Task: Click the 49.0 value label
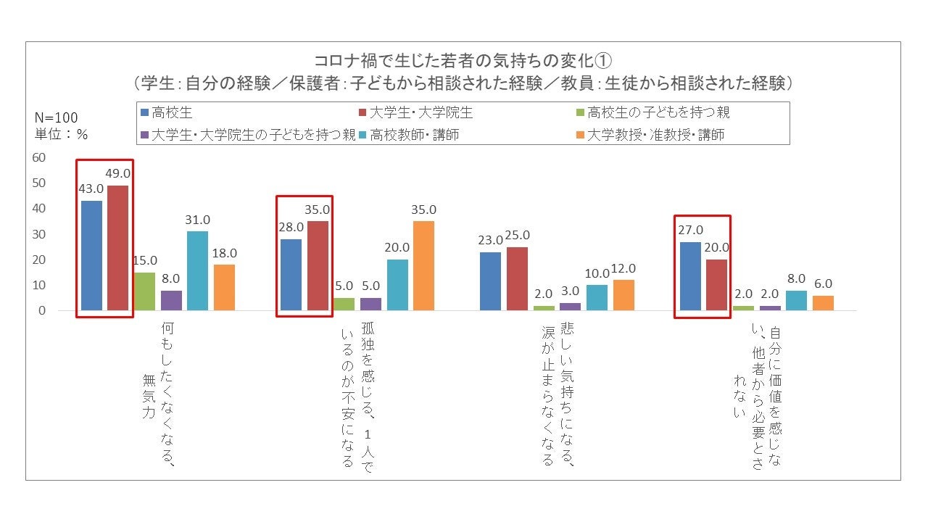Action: [118, 173]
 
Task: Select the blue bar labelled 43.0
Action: [92, 255]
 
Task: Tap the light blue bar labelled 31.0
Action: [197, 270]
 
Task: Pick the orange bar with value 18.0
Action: [224, 287]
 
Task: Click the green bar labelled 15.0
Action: [144, 291]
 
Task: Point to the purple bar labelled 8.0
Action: [171, 300]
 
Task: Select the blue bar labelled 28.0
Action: [291, 275]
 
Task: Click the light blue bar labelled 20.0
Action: [397, 285]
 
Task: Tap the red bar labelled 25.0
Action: [517, 278]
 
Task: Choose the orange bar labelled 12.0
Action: [623, 295]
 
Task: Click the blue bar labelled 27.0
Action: [690, 276]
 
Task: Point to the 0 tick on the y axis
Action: [41, 310]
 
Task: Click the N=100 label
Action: [57, 118]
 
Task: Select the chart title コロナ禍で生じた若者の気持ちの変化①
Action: [463, 59]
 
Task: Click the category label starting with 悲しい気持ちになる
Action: [558, 395]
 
